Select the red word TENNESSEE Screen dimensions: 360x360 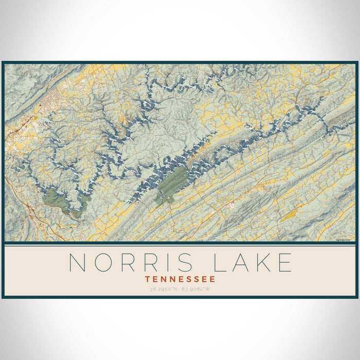click(x=180, y=279)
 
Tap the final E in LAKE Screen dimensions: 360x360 click(x=284, y=262)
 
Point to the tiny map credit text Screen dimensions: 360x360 click(x=344, y=239)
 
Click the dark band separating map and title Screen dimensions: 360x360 click(x=180, y=243)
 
